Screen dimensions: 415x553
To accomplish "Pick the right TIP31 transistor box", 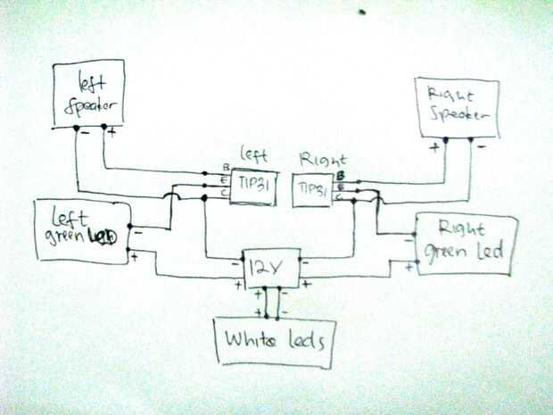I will [312, 190].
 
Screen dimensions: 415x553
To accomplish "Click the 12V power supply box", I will [271, 267].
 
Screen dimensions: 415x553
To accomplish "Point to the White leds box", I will [274, 341].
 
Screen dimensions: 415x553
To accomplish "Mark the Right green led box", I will [463, 244].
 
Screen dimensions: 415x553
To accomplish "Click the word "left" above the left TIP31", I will [254, 153].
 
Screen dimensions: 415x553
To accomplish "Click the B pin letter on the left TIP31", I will [226, 167].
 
